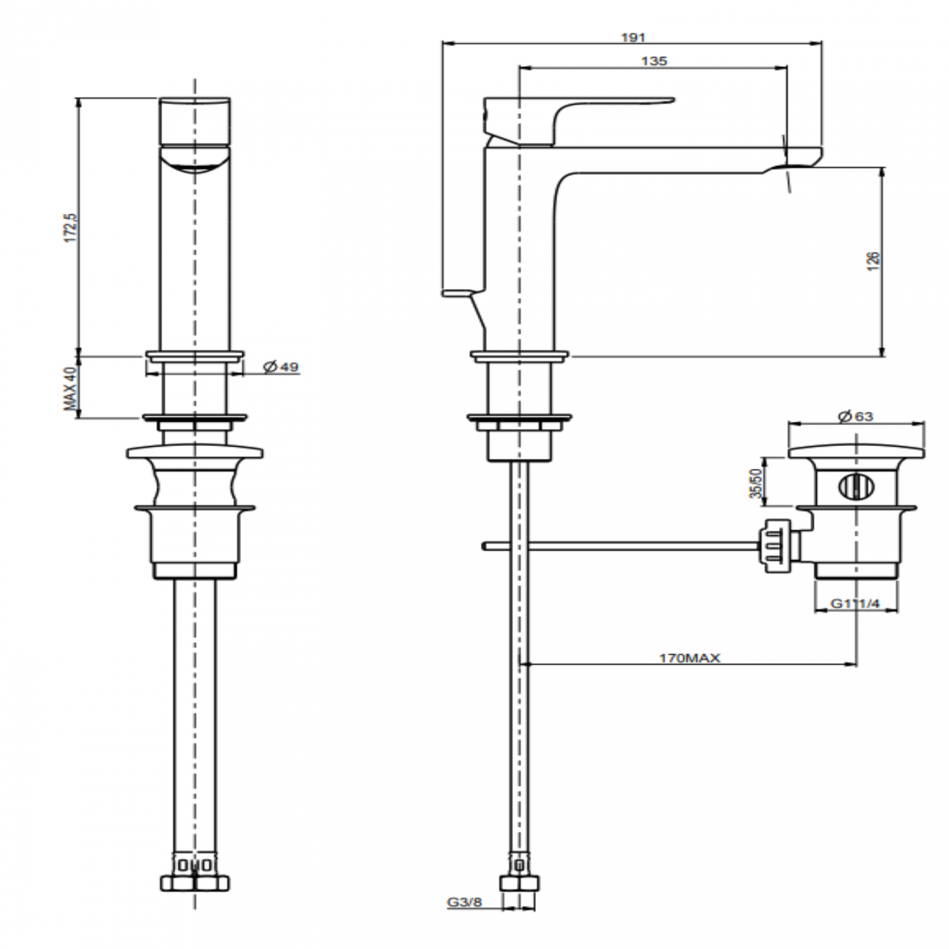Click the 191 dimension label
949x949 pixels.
[633, 37]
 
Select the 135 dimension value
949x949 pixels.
[653, 61]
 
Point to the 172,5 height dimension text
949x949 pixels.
[71, 228]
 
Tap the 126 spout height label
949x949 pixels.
[873, 261]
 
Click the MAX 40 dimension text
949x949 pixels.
[71, 388]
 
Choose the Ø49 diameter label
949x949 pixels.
[281, 366]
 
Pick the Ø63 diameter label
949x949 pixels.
[856, 416]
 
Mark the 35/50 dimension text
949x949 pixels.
[756, 483]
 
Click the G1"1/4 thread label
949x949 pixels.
[856, 604]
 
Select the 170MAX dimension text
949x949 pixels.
[689, 658]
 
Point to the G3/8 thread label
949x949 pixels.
[464, 902]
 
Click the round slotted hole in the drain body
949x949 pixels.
[850, 487]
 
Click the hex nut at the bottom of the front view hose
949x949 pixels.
[194, 882]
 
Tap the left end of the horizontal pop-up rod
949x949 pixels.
[485, 545]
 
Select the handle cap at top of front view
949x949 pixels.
[194, 120]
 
